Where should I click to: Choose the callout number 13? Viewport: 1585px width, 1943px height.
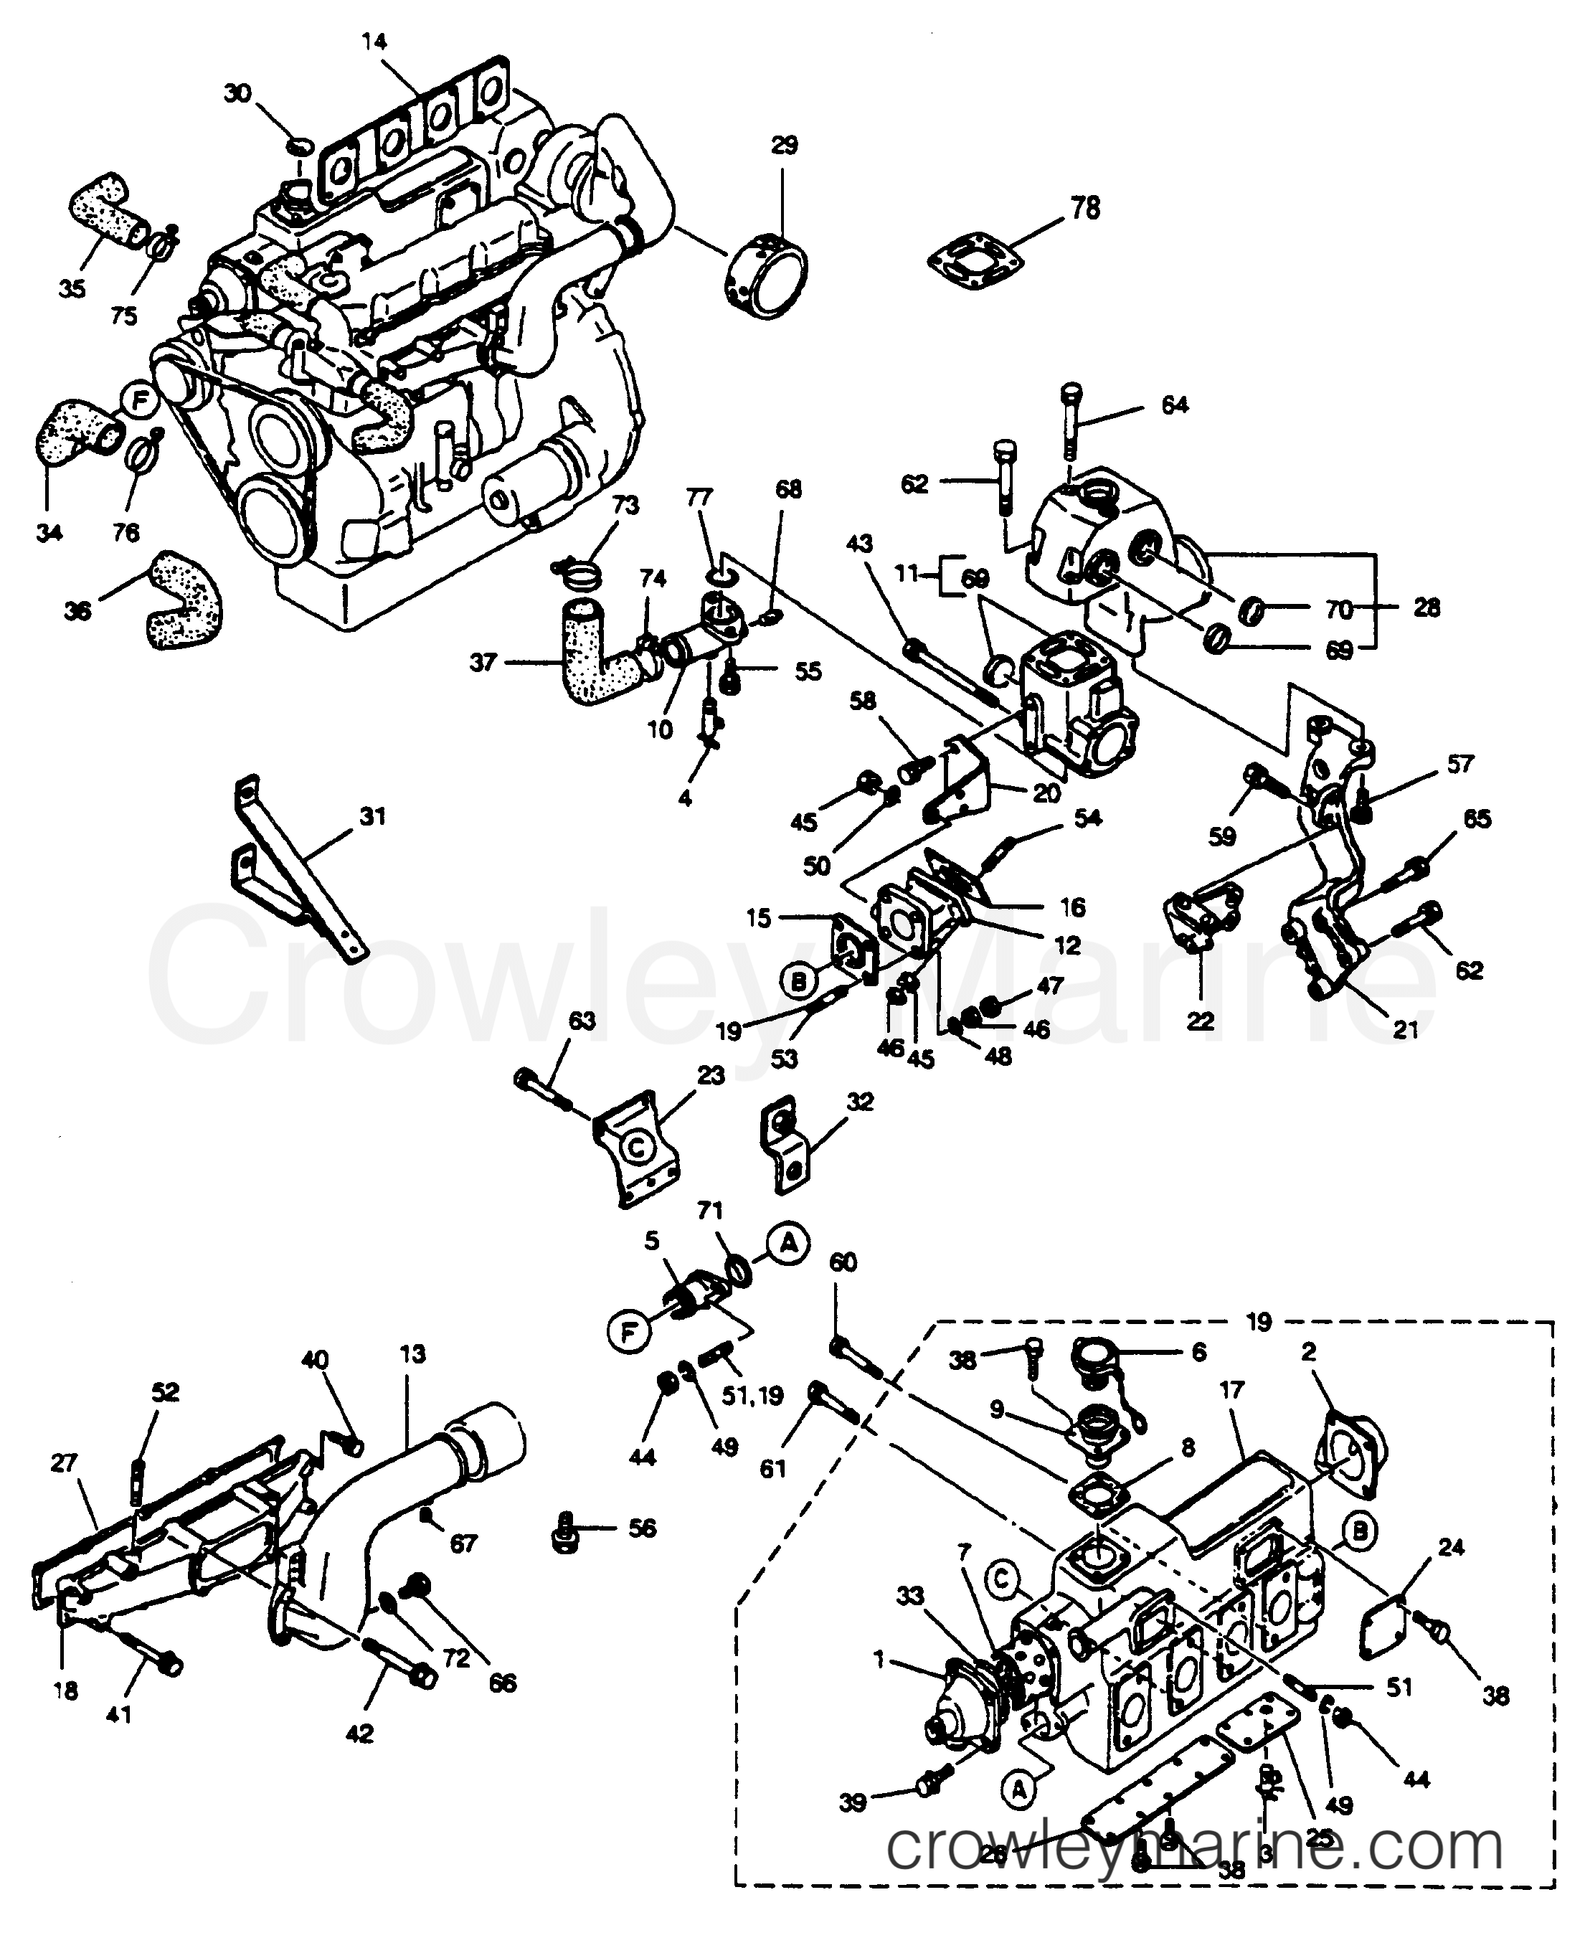point(412,1353)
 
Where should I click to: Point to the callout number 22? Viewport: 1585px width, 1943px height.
point(1200,1020)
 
